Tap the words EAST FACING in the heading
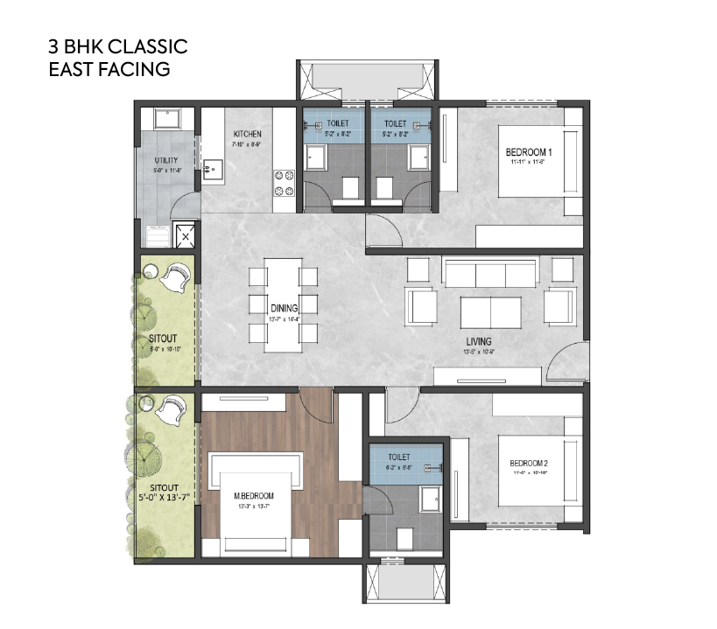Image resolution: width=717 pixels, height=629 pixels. pos(109,69)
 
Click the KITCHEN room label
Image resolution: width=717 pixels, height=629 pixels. pos(247,134)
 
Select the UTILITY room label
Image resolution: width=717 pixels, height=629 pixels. pos(166,160)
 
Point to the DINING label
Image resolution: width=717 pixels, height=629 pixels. pos(284,308)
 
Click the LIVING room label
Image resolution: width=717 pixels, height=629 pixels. pos(478,341)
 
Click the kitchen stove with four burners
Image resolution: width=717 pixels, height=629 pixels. pos(284,181)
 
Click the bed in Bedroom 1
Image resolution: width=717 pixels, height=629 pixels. pos(540,162)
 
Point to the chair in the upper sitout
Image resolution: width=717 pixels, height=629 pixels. pos(176,276)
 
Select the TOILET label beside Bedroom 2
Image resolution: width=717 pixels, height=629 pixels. pos(399,457)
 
